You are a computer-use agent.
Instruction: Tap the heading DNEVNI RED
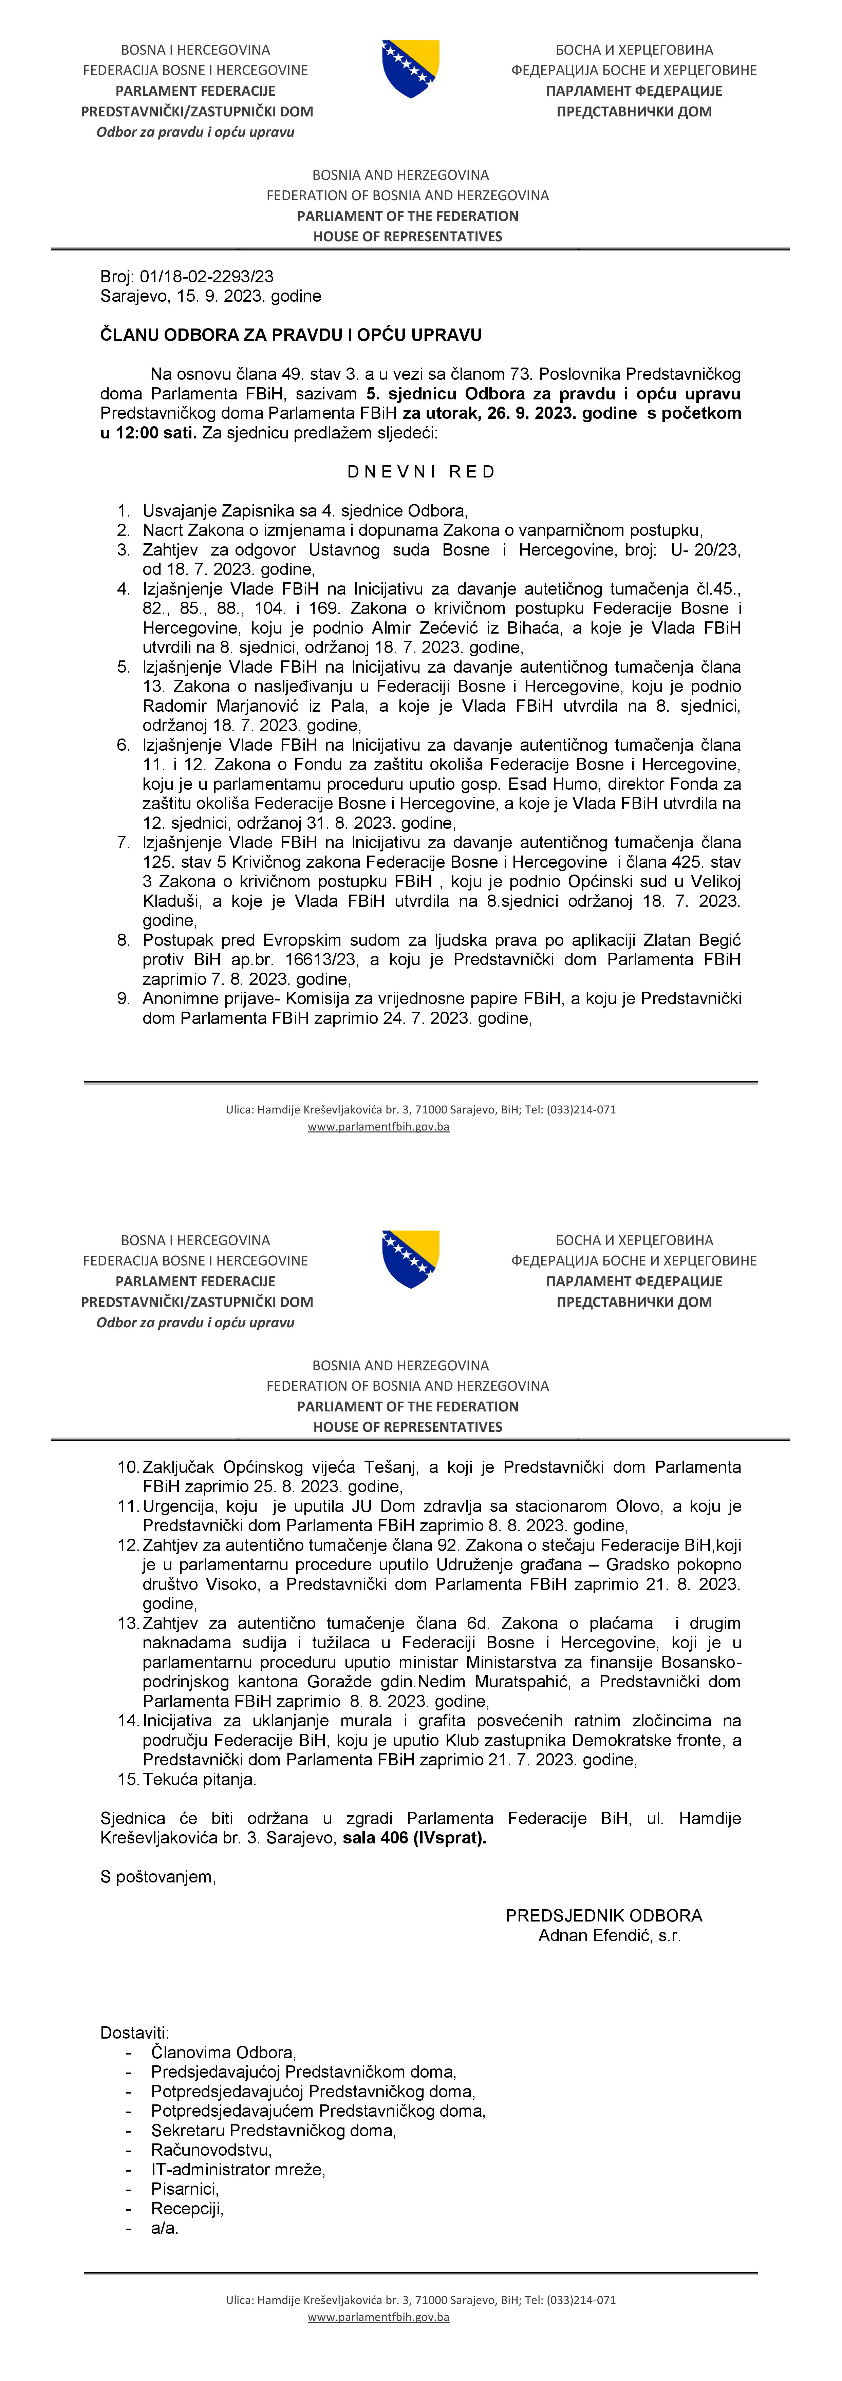[x=422, y=471]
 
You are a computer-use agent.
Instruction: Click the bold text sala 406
[x=375, y=1838]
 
